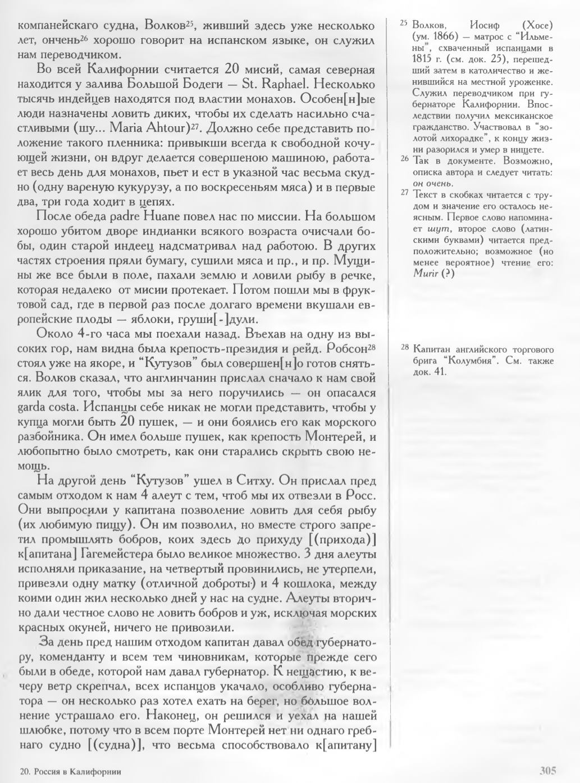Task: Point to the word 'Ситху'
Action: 281,481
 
